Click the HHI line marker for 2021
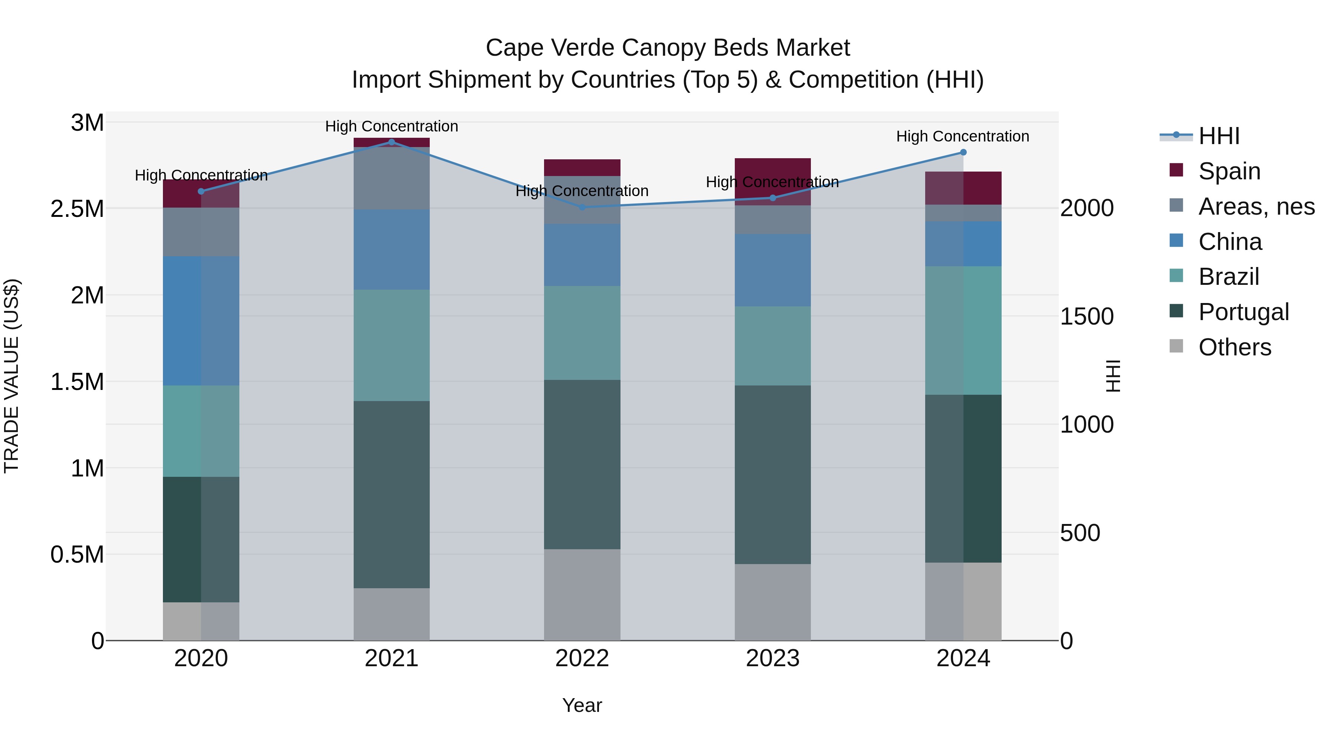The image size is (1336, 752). tap(392, 142)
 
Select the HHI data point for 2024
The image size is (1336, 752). tap(963, 152)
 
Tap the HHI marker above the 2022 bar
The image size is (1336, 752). tap(582, 207)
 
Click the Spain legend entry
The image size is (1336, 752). tap(1229, 171)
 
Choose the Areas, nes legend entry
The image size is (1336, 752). tap(1256, 206)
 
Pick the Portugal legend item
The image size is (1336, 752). tap(1243, 312)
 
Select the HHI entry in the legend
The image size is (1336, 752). tap(1219, 136)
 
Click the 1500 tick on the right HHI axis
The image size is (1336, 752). tap(1087, 316)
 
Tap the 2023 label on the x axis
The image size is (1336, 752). tap(772, 658)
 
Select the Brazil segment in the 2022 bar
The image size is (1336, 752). tap(582, 333)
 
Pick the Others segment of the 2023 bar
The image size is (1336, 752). tap(772, 602)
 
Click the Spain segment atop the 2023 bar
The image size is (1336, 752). tap(772, 171)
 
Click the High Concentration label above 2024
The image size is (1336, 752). tap(963, 137)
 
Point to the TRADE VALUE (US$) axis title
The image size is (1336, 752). tap(12, 376)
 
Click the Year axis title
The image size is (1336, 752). tap(582, 705)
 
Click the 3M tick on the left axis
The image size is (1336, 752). tap(87, 123)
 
